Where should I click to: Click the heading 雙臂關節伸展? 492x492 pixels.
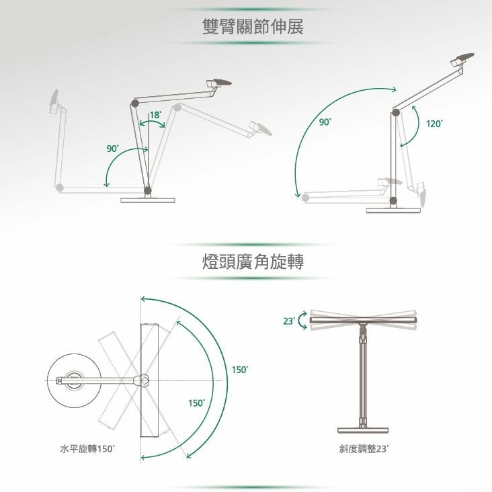253,26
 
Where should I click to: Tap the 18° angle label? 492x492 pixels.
155,115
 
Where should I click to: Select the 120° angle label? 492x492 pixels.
434,124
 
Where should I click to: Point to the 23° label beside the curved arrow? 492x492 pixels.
289,321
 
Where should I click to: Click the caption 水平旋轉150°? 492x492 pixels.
87,449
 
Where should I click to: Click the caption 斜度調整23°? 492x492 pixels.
364,449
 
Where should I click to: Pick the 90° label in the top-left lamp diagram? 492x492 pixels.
113,149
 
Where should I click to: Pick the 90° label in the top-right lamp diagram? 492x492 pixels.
325,122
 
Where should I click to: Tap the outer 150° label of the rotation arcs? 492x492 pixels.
240,370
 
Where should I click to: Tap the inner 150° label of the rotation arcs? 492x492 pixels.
197,403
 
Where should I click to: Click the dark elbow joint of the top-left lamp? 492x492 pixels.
135,103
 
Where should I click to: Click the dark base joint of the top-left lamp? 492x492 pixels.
147,190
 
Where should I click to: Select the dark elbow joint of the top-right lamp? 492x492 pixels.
395,112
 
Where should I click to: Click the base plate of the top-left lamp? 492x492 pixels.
147,200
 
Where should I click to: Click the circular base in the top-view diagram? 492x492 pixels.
75,380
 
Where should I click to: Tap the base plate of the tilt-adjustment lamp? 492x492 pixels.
363,430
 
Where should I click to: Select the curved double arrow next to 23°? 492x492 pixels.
302,321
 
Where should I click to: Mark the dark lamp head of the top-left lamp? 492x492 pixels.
222,82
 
